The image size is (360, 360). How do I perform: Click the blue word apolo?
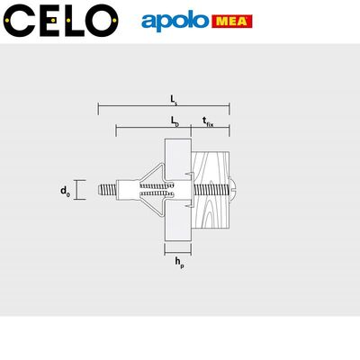pyautogui.click(x=175, y=21)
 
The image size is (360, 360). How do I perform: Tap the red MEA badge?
pyautogui.click(x=232, y=21)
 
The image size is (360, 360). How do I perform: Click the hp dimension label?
pyautogui.click(x=180, y=264)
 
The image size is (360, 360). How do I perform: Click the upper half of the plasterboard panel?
pyautogui.click(x=180, y=157)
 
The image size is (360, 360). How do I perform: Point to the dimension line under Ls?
pyautogui.click(x=163, y=110)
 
